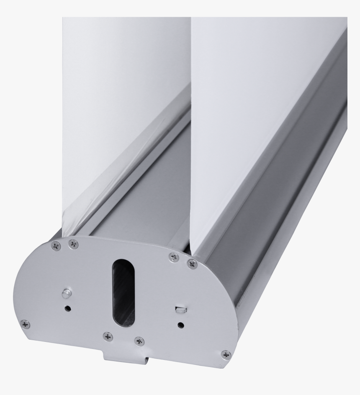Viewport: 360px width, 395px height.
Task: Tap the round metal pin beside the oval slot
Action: click(66, 293)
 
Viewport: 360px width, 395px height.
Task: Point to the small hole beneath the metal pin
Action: click(67, 309)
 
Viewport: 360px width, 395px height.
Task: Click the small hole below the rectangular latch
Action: click(180, 325)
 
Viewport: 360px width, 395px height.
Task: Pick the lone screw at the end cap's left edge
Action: click(25, 324)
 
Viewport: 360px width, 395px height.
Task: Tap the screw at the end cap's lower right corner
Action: click(226, 354)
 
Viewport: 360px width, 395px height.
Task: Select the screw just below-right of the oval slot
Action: click(139, 341)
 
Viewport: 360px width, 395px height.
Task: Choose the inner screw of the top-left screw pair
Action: click(73, 244)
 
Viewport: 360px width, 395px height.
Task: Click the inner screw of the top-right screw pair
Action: click(174, 257)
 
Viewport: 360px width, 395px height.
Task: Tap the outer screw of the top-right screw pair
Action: click(192, 264)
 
